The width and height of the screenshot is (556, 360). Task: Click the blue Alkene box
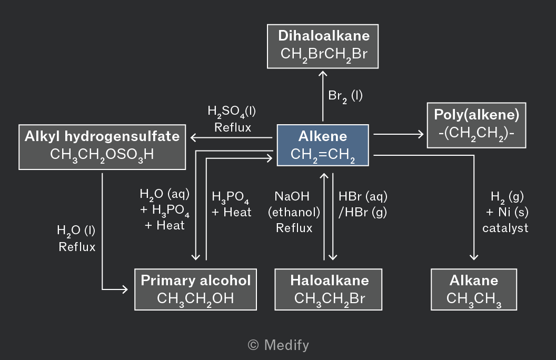coord(323,145)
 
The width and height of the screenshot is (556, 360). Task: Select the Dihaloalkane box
coord(323,46)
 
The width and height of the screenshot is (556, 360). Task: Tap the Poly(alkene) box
coord(476,125)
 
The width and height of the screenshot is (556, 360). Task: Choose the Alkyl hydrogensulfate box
coord(102,147)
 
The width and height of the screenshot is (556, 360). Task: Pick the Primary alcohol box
coord(195,289)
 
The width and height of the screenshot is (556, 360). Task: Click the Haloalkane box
coord(329,289)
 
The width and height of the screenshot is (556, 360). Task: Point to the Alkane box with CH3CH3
coord(474,289)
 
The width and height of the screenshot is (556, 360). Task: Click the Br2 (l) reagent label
coord(345,96)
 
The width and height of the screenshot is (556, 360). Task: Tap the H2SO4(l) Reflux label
coord(232,119)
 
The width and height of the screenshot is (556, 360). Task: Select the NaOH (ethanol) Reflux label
coord(294,212)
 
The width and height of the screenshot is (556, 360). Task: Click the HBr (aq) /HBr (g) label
coord(363,204)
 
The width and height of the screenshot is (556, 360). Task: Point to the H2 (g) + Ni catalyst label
coord(505,212)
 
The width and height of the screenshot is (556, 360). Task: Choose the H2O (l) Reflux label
coord(76,238)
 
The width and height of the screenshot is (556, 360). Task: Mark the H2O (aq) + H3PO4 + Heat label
coord(164,209)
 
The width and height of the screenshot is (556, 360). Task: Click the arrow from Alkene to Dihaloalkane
coord(323,96)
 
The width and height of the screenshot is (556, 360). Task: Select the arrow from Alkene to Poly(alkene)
coord(399,134)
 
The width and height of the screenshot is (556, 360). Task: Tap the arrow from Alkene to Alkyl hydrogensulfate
coord(231,137)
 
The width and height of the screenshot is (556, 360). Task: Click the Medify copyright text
coord(279,345)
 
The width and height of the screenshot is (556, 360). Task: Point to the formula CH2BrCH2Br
coord(324,55)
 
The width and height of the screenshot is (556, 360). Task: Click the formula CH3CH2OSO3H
coord(102,155)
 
